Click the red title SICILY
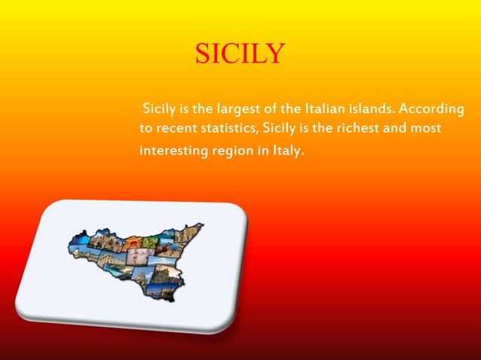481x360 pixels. pyautogui.click(x=240, y=53)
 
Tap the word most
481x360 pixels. pyautogui.click(x=425, y=129)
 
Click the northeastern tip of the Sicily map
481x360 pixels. pyautogui.click(x=200, y=224)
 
